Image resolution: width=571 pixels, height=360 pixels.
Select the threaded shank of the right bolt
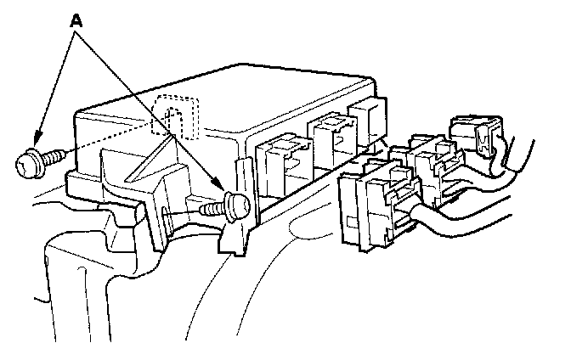[x=210, y=207]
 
